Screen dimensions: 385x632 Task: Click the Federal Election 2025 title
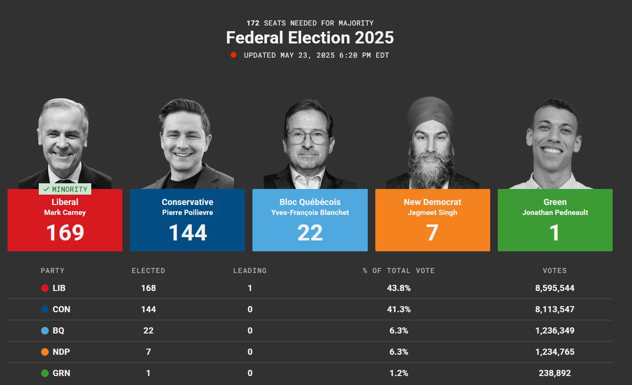pos(310,38)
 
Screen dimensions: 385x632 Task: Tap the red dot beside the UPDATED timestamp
pos(234,55)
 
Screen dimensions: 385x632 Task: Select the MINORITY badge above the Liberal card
pos(65,189)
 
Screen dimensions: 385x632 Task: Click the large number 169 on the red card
pos(65,233)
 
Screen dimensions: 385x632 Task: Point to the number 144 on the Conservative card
pos(188,233)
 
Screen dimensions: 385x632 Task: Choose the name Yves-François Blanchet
pos(310,213)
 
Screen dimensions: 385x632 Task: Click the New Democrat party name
pos(433,202)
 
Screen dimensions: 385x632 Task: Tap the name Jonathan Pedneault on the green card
pos(555,213)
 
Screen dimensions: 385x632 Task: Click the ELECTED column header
pos(148,271)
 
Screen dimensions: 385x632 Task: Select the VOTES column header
pos(554,271)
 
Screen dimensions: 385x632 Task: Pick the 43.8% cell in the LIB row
pos(399,288)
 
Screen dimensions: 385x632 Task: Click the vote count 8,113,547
pos(555,309)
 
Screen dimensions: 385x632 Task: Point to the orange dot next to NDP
pos(45,352)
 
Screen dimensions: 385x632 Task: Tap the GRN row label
pos(61,373)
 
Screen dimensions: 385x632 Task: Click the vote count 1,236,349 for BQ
pos(555,331)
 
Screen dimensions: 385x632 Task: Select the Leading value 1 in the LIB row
pos(250,288)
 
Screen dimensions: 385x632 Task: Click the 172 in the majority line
pos(253,23)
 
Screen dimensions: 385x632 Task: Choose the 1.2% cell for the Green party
pos(399,373)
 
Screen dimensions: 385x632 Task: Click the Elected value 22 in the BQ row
pos(148,331)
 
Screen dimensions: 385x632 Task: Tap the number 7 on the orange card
pos(433,233)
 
